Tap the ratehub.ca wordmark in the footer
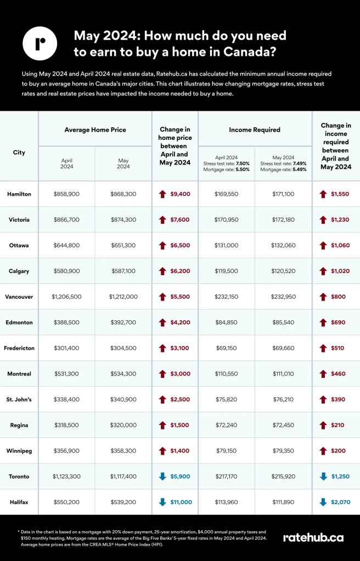(x=313, y=537)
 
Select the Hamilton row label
(x=19, y=194)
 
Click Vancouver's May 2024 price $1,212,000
(x=123, y=297)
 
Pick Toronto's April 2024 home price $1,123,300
(x=66, y=476)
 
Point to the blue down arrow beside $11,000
(x=162, y=502)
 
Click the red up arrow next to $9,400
(x=162, y=194)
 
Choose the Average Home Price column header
(x=95, y=130)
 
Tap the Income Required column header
(x=255, y=130)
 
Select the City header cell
(x=19, y=152)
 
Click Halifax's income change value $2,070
(x=340, y=502)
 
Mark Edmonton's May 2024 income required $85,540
(x=283, y=322)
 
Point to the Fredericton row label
(x=19, y=348)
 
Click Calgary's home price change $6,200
(x=180, y=271)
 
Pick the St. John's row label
(x=19, y=399)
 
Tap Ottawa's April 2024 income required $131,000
(x=226, y=245)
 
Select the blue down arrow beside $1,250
(x=323, y=476)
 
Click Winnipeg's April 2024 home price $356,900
(x=66, y=450)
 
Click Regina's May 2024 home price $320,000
(x=123, y=425)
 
